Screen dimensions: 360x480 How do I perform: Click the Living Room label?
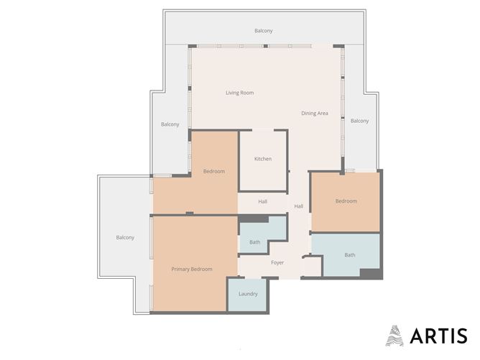coord(239,93)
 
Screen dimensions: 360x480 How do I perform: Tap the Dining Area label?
coord(314,114)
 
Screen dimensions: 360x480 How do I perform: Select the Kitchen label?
coord(263,159)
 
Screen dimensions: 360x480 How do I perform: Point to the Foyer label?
coord(277,262)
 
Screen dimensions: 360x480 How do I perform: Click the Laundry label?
coord(248,294)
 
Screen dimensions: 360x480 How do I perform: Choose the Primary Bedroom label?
coord(192,269)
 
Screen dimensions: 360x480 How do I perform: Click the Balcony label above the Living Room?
coord(263,31)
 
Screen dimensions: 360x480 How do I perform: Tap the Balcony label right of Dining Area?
coord(359,121)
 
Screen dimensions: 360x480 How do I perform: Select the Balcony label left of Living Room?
coord(170,124)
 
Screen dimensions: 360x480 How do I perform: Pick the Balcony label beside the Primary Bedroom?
coord(125,238)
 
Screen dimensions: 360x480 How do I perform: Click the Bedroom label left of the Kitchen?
coord(213,171)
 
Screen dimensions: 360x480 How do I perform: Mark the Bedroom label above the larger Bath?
coord(346,201)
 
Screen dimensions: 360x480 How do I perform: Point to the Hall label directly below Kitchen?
coord(263,201)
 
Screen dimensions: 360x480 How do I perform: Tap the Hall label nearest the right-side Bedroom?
coord(298,206)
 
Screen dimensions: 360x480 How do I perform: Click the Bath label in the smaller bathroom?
coord(254,242)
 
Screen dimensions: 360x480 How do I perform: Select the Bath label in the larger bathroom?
coord(349,255)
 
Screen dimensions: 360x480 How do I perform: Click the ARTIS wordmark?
coord(438,336)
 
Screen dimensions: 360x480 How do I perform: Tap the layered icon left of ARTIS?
coord(394,336)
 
